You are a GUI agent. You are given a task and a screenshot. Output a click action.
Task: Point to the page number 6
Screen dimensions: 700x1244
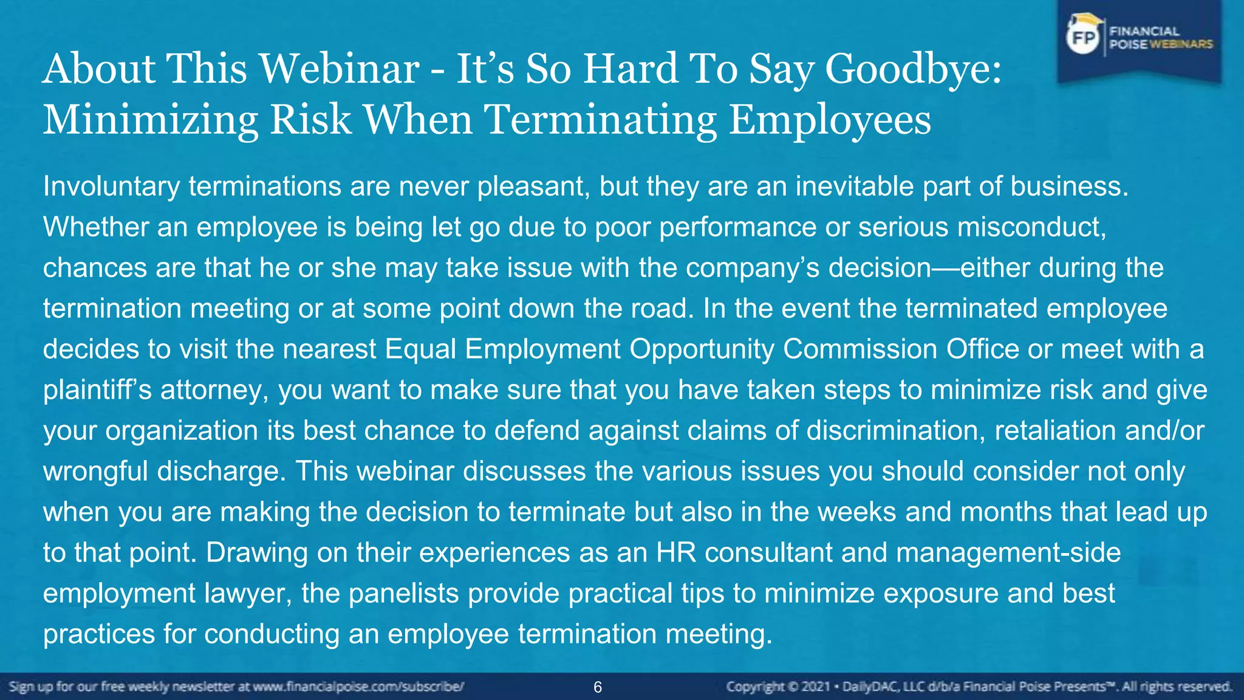tap(598, 687)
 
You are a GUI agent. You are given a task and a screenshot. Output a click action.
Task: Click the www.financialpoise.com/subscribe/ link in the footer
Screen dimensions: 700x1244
tap(358, 687)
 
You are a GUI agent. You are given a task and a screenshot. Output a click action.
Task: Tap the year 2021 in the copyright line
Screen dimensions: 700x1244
tap(817, 687)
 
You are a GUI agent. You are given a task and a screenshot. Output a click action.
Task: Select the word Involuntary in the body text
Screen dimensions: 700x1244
tap(111, 187)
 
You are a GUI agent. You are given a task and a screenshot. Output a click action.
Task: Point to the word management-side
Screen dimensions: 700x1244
tap(1008, 553)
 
